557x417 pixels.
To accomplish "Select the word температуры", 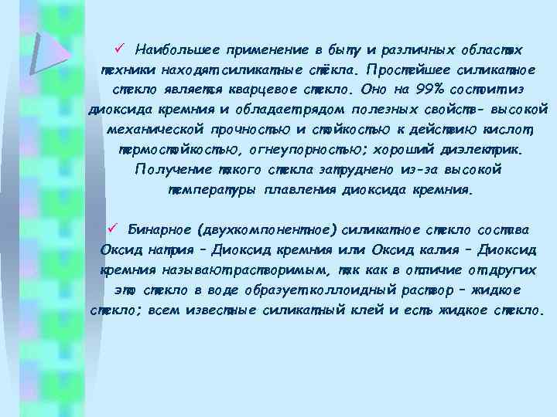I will click(x=214, y=188).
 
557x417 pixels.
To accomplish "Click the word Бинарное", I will click(x=159, y=229).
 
